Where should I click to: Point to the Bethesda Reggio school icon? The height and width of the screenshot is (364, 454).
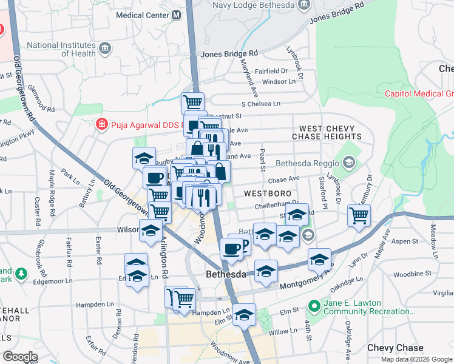tap(348, 163)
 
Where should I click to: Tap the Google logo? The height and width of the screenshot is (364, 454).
tap(20, 356)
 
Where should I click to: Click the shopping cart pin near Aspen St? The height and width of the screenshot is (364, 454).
tap(359, 214)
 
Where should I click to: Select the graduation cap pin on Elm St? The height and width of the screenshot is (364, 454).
tap(245, 315)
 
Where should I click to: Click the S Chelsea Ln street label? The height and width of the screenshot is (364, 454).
tap(261, 104)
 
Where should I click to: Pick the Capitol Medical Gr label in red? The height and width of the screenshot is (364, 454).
tap(419, 93)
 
